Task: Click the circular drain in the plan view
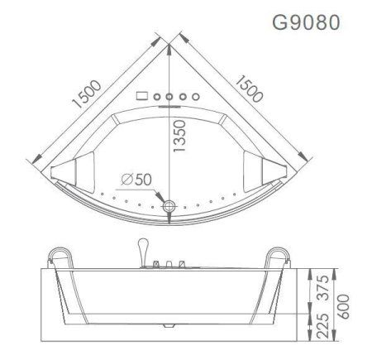169,205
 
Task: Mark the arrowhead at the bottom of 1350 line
169,196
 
